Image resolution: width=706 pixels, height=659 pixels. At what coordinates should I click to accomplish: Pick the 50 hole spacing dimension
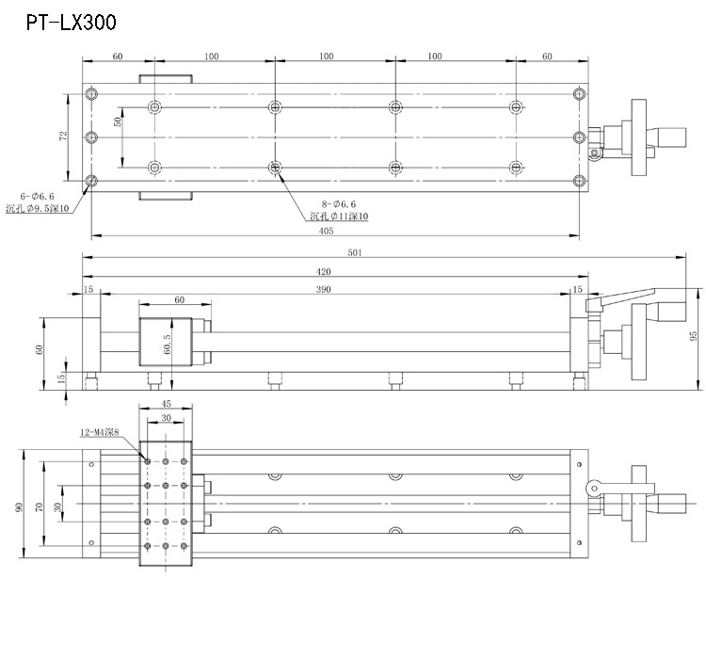tap(119, 122)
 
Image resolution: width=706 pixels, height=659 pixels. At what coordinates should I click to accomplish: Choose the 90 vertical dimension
tap(20, 506)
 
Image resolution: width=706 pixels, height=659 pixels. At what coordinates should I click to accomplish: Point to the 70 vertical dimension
tap(39, 506)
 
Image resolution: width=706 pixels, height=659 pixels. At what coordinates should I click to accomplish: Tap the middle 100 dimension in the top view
tap(326, 56)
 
